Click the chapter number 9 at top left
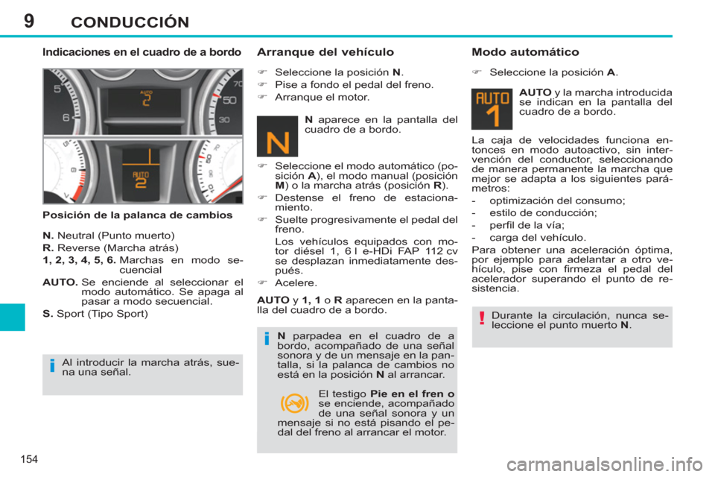[29, 19]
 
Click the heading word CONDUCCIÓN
[130, 22]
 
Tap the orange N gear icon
[277, 136]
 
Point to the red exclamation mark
[482, 320]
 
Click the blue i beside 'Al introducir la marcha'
[53, 366]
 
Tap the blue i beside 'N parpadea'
[265, 340]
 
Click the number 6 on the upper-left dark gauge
[66, 117]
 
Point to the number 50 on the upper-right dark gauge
[229, 99]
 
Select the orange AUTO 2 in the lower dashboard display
[141, 180]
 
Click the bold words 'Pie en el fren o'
[413, 393]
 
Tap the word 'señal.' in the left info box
[115, 372]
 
